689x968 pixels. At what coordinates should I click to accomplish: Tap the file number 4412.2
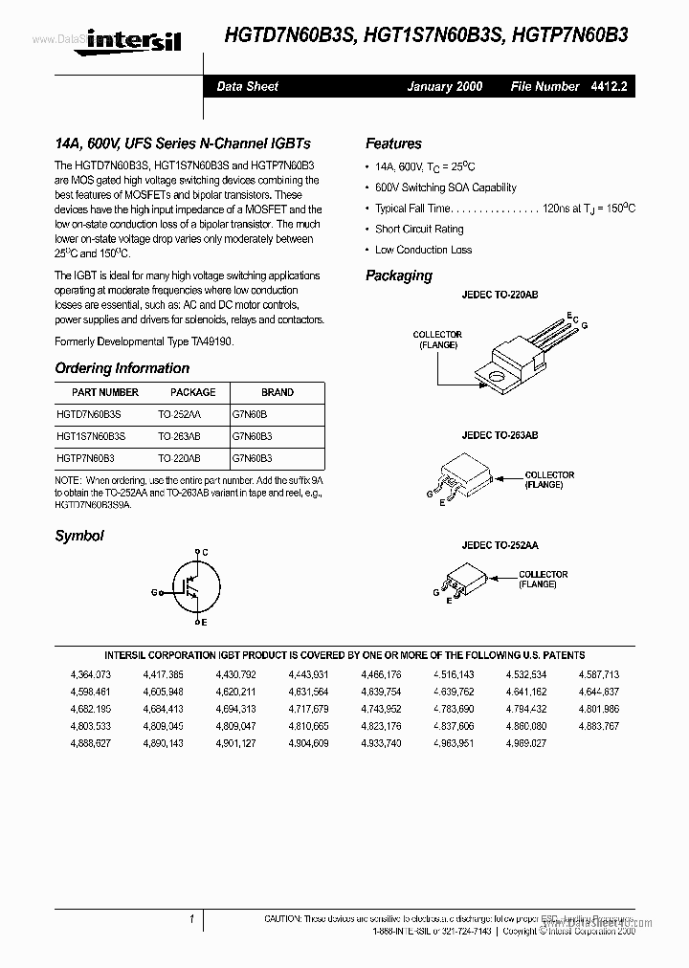pyautogui.click(x=607, y=86)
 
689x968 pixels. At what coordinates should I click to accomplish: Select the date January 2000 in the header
pyautogui.click(x=444, y=86)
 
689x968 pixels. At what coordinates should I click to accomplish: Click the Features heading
pyautogui.click(x=393, y=143)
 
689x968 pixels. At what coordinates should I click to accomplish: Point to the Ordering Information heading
pyautogui.click(x=122, y=368)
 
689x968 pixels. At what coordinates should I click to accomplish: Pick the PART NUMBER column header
pyautogui.click(x=105, y=392)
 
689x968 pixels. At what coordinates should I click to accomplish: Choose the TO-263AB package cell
pyautogui.click(x=179, y=435)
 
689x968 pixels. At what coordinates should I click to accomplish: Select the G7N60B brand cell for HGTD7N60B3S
pyautogui.click(x=250, y=414)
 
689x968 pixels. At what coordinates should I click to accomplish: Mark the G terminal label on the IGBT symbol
pyautogui.click(x=153, y=593)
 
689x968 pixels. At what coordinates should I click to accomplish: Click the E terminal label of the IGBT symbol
pyautogui.click(x=203, y=623)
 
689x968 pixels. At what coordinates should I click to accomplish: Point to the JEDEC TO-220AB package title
pyautogui.click(x=500, y=296)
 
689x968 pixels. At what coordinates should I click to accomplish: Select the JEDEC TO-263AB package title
pyautogui.click(x=500, y=435)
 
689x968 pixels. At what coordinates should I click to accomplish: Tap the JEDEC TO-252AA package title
pyautogui.click(x=500, y=544)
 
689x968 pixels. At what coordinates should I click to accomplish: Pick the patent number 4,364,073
pyautogui.click(x=90, y=675)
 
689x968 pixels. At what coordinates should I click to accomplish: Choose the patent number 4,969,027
pyautogui.click(x=525, y=742)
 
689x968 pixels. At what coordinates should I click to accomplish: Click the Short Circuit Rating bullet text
pyautogui.click(x=419, y=230)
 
